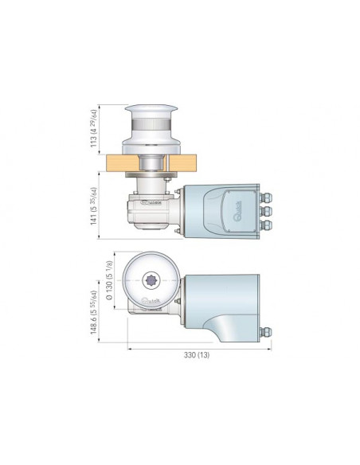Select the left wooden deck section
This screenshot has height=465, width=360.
click(120, 164)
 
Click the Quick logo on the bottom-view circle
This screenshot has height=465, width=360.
click(152, 301)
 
